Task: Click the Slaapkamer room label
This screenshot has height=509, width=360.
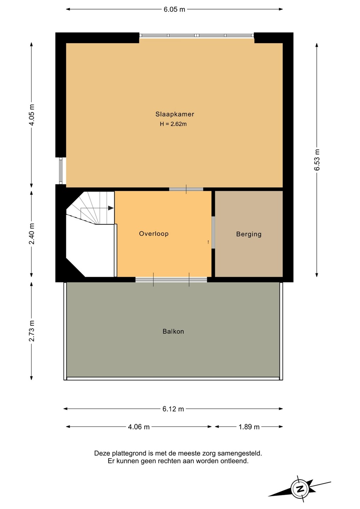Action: (175, 114)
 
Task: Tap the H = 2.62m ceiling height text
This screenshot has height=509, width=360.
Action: (173, 124)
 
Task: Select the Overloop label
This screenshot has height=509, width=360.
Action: (154, 234)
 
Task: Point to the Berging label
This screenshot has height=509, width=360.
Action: (249, 234)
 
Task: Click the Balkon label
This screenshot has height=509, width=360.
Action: (173, 331)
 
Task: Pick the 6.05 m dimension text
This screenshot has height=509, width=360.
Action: (174, 9)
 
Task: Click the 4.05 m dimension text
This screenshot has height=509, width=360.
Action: (31, 115)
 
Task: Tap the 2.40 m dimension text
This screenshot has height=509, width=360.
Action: (31, 234)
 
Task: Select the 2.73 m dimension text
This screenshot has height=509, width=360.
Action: (31, 331)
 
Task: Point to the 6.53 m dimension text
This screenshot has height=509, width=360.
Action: (317, 160)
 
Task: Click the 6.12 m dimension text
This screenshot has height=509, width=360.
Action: (173, 409)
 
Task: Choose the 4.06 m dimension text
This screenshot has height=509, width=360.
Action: (139, 427)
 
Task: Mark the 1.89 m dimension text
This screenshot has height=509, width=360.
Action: (249, 427)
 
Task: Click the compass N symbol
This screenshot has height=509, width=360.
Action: (300, 488)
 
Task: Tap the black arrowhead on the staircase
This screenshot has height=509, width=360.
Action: (111, 208)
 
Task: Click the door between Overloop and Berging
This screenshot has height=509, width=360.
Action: (213, 233)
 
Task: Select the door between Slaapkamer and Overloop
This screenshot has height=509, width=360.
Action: (186, 189)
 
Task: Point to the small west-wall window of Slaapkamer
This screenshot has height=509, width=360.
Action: (61, 171)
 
